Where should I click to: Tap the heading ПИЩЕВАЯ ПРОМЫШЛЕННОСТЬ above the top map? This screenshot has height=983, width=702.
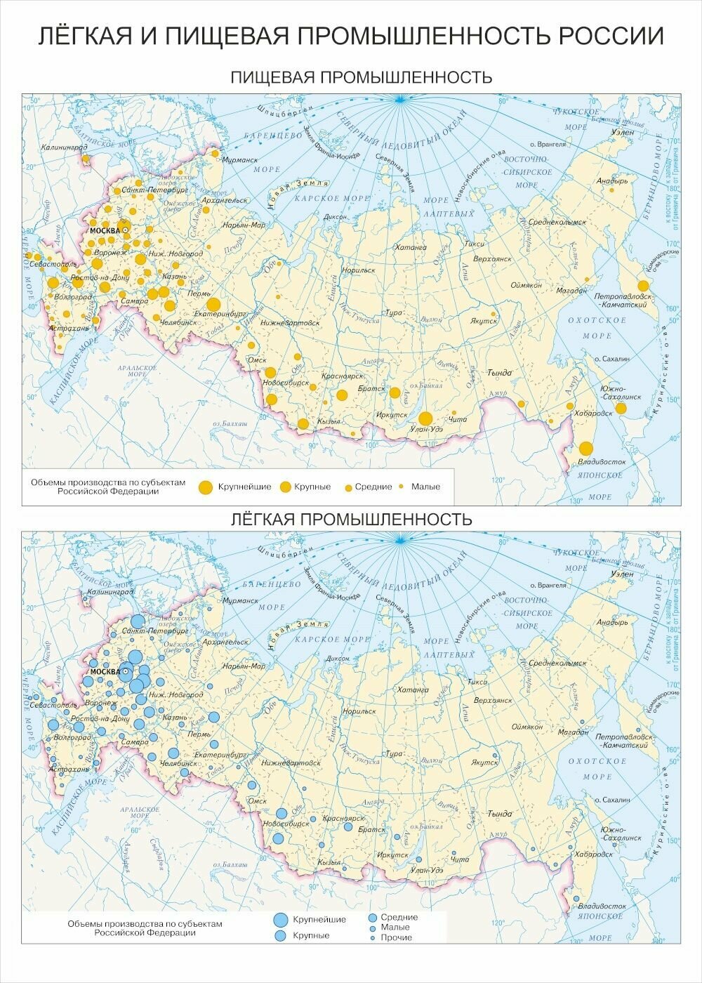pos(361,77)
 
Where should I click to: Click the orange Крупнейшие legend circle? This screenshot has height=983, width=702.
pos(206,487)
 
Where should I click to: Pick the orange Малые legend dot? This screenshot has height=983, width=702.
pos(402,487)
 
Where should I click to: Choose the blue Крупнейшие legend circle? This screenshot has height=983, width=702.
pos(281,919)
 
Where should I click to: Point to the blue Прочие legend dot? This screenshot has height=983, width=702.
pos(372,937)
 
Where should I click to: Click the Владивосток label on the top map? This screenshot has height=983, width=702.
pos(602,462)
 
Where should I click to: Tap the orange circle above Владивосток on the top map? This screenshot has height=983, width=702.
pos(586,449)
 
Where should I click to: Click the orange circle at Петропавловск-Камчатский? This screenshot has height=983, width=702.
pos(643,286)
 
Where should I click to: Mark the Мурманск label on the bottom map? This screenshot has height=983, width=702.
pos(241,601)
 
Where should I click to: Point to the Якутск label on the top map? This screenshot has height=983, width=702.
pos(484,320)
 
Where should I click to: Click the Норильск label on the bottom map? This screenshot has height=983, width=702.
pos(359,711)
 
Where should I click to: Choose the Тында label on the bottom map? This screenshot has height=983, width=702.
pos(500,814)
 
